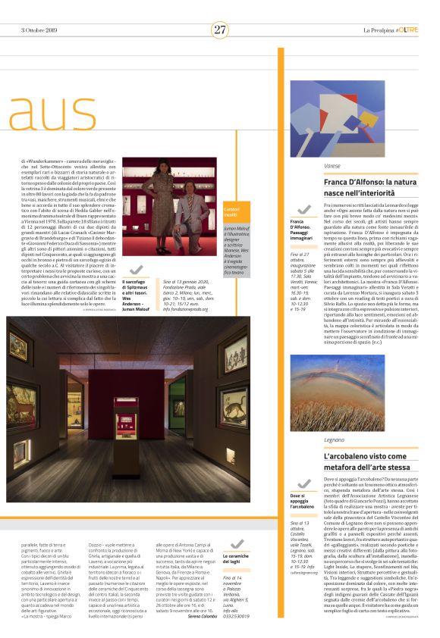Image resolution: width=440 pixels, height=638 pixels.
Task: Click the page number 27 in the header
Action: pyautogui.click(x=220, y=30)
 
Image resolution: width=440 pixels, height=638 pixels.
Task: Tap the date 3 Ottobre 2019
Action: pyautogui.click(x=36, y=30)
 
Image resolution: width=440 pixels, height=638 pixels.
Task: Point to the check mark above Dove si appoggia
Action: pyautogui.click(x=304, y=483)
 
